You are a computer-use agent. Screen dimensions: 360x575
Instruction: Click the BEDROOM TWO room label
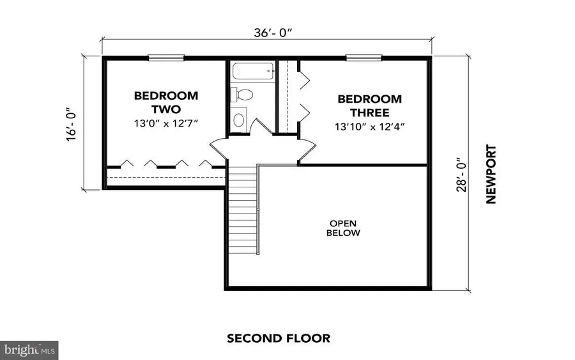(x=165, y=102)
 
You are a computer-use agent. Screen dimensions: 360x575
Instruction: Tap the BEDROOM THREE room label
(x=369, y=106)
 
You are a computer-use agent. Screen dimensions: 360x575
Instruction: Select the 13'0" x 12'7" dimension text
(x=166, y=123)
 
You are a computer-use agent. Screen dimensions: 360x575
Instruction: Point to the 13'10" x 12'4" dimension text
(x=369, y=126)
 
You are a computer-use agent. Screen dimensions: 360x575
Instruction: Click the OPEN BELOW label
(x=344, y=228)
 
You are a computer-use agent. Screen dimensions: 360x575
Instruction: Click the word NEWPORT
(x=491, y=173)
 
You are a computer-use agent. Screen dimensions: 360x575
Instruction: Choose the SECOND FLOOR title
(x=279, y=338)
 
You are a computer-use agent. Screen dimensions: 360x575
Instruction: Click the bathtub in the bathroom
(x=251, y=71)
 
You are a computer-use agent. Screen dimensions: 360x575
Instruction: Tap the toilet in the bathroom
(x=242, y=94)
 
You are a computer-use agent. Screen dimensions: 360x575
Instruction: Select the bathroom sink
(x=239, y=118)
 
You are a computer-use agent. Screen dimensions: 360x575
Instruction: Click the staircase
(x=243, y=208)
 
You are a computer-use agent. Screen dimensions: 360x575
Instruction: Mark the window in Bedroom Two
(x=167, y=59)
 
